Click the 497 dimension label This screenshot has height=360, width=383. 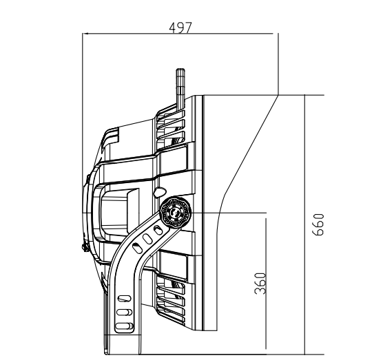click(180, 28)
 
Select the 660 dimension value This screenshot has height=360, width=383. click(318, 224)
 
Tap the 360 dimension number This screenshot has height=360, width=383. click(260, 284)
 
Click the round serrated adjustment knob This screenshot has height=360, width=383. click(176, 212)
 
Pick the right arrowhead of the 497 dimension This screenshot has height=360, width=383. click(270, 34)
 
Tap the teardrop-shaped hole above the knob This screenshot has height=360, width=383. click(159, 192)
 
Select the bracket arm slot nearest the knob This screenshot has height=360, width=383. click(158, 230)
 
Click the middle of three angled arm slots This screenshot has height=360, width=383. click(147, 239)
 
